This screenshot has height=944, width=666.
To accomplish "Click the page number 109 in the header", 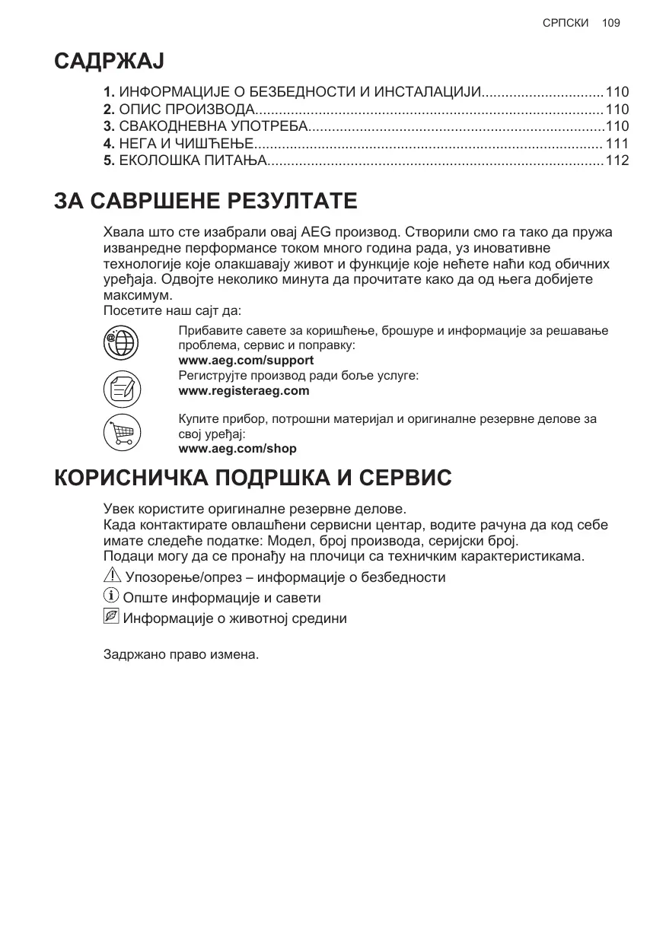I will point(610,23).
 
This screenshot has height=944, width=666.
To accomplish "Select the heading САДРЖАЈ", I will point(110,61).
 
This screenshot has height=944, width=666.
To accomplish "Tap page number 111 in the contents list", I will point(617,144).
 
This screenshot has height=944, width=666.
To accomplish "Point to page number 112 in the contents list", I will point(617,161).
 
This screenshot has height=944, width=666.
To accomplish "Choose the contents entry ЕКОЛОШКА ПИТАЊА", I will point(185,161).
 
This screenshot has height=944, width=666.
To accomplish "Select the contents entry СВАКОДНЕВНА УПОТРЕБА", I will point(205,127).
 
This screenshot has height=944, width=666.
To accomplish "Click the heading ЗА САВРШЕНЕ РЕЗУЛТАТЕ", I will point(206,202).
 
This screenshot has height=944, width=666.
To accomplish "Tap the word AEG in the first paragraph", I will point(317,232).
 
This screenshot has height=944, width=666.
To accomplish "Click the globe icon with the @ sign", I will point(120,342).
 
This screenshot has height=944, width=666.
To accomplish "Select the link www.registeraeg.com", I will point(244,391).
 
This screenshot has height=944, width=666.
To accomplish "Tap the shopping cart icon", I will point(120,434).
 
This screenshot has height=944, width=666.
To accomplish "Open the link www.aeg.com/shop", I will point(237,449).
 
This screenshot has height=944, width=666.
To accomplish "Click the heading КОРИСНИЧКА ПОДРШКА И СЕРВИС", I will point(253,479).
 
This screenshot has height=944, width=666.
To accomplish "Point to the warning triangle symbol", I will point(111,577).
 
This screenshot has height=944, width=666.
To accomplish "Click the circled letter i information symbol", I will point(111,597).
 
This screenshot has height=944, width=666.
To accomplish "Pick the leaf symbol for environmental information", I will point(111,617).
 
